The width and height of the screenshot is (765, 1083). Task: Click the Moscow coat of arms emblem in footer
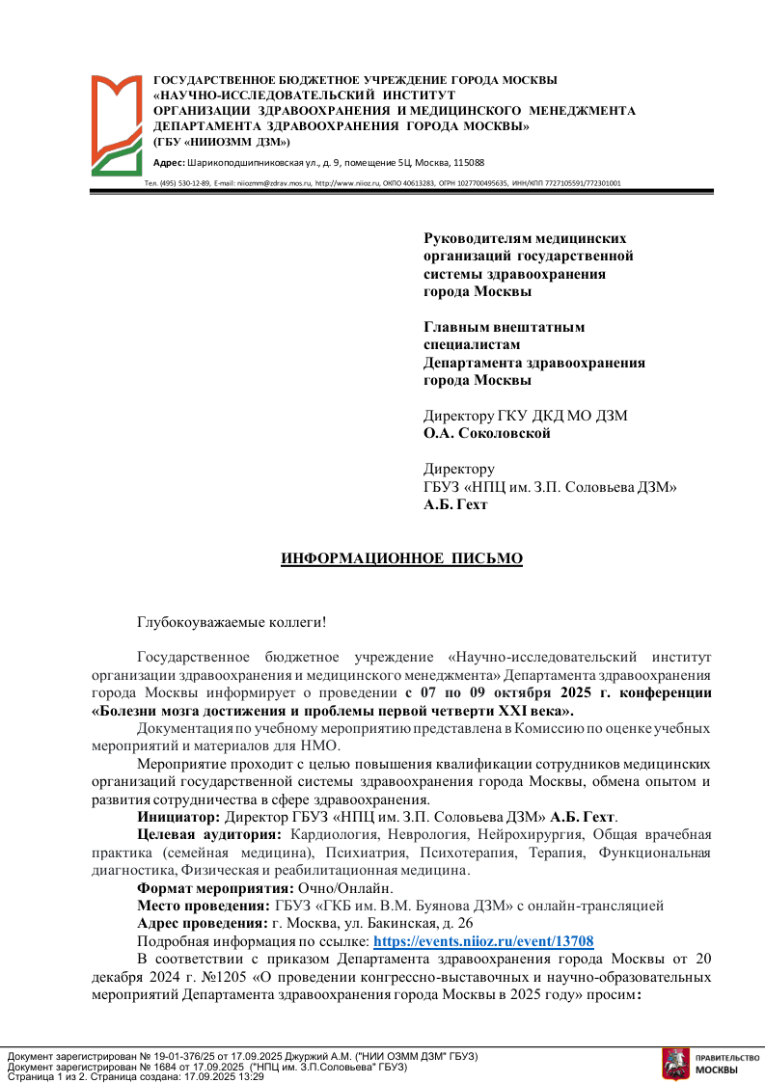tap(675, 1063)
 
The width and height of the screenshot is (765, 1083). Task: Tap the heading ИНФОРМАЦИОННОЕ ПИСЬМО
tap(401, 559)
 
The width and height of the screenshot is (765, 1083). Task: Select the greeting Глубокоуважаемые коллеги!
tap(232, 625)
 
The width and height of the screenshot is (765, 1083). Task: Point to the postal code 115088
tap(468, 163)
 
